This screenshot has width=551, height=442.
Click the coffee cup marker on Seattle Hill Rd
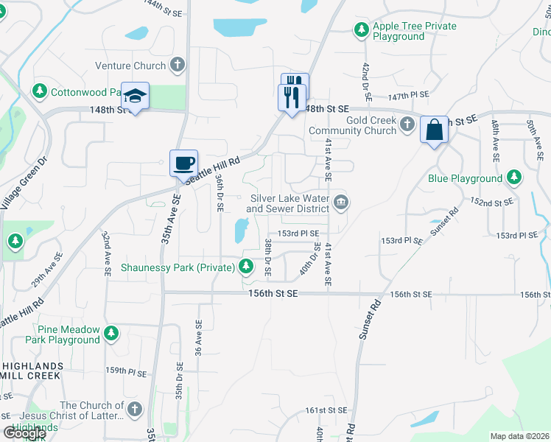pyautogui.click(x=183, y=162)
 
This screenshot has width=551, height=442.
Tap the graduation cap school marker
pyautogui.click(x=136, y=95)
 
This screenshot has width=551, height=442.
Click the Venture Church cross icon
pyautogui.click(x=177, y=66)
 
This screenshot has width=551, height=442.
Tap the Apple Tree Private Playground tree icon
pyautogui.click(x=361, y=30)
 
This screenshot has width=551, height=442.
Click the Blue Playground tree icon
pyautogui.click(x=513, y=178)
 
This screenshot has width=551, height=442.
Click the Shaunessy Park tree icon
pyautogui.click(x=247, y=267)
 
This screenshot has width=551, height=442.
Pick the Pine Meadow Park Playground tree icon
pyautogui.click(x=111, y=334)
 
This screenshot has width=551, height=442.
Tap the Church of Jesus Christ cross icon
pyautogui.click(x=134, y=409)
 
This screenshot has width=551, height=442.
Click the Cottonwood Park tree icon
pyautogui.click(x=39, y=91)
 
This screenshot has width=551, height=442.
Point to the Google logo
pyautogui.click(x=24, y=433)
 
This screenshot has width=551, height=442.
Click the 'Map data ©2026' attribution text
pyautogui.click(x=519, y=436)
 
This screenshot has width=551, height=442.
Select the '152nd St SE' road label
pyautogui.click(x=493, y=202)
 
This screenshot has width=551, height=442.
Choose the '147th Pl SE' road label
pyautogui.click(x=409, y=96)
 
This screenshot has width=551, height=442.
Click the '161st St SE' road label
pyautogui.click(x=325, y=410)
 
